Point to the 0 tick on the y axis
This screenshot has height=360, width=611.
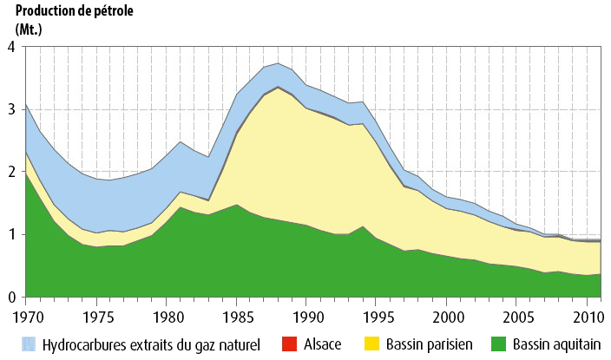click(11, 298)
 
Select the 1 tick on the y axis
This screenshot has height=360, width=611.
click(11, 235)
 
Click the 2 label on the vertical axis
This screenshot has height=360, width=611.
click(11, 173)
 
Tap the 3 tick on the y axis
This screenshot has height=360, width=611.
click(11, 110)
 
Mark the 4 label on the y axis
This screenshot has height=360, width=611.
click(11, 48)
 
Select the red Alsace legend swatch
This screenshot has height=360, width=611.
click(290, 344)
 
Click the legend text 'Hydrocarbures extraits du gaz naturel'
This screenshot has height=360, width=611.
click(153, 344)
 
